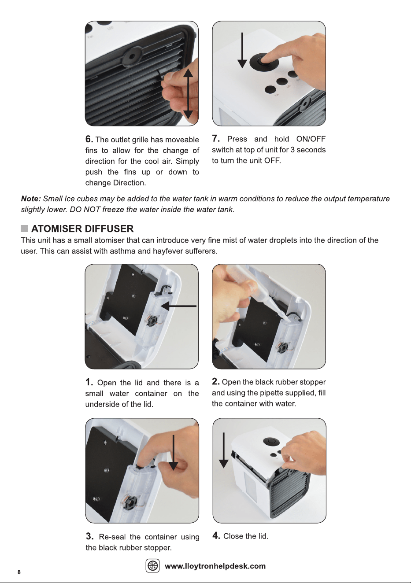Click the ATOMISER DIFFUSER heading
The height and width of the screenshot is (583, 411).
click(82, 229)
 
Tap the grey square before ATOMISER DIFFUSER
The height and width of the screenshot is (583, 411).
click(25, 229)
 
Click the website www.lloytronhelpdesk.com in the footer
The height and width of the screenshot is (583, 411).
click(215, 566)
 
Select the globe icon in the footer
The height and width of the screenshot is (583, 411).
click(152, 565)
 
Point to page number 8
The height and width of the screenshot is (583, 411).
click(19, 572)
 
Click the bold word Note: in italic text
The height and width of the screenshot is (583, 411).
click(31, 199)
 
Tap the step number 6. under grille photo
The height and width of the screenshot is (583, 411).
click(89, 139)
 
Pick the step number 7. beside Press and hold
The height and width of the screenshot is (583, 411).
click(216, 138)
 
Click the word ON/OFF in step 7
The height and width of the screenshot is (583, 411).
click(311, 139)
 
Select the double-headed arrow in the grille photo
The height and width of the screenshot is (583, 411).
click(188, 94)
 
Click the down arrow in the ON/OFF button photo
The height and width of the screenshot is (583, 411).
click(242, 50)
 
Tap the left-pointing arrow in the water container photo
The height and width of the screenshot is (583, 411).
click(179, 306)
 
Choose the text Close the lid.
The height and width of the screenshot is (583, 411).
click(246, 536)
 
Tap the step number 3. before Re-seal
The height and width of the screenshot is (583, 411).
click(90, 536)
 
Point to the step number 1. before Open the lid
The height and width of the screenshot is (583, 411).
click(89, 382)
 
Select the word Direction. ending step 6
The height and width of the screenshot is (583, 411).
click(130, 183)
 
